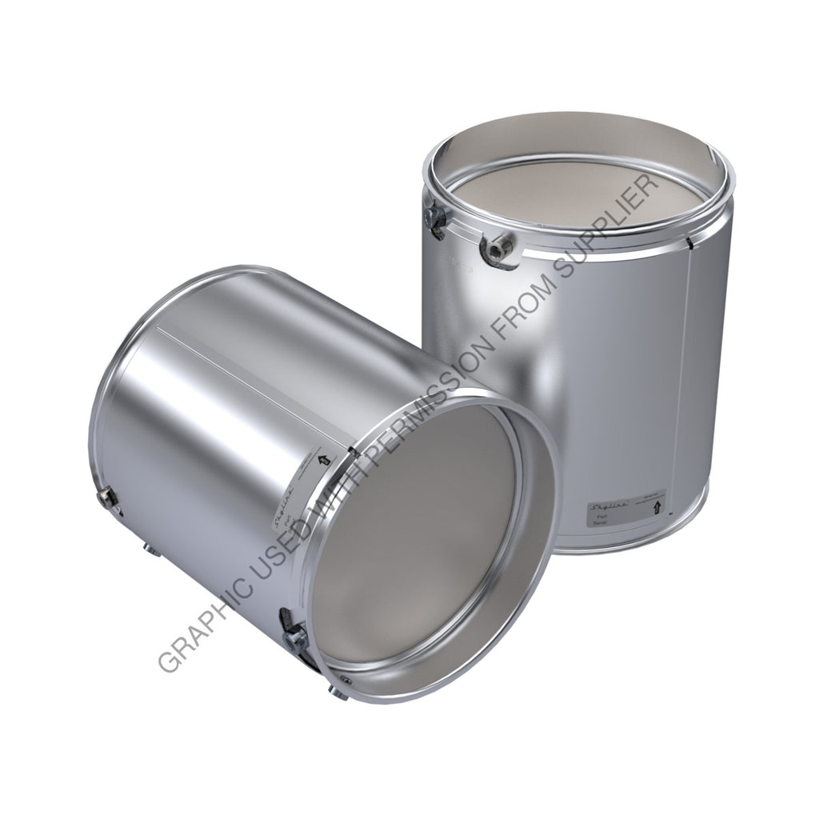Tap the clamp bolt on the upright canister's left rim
tap(437, 218)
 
